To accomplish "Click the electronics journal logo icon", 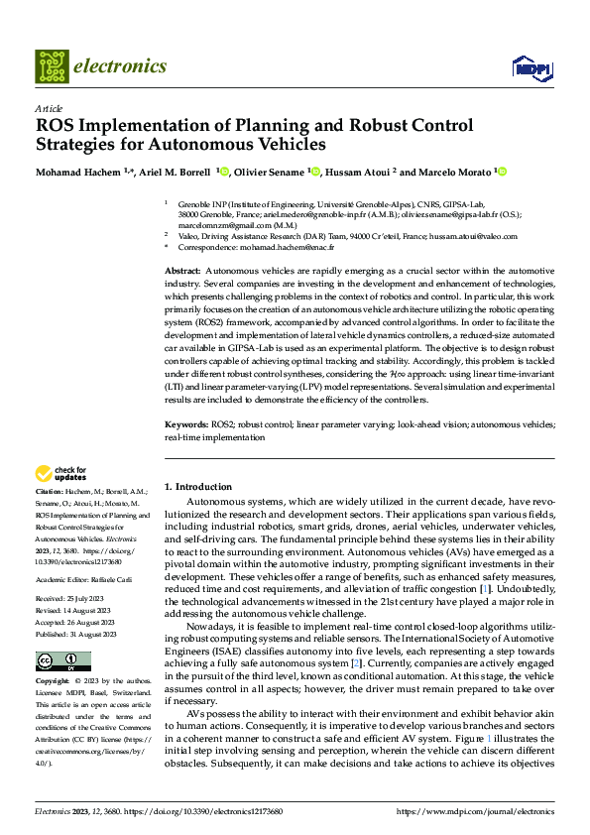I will [51, 66].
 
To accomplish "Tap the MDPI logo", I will [530, 67].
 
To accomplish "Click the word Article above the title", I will [49, 107].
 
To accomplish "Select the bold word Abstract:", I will [182, 271].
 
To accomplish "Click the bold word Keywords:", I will [186, 424].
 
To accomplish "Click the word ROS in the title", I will [56, 126].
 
